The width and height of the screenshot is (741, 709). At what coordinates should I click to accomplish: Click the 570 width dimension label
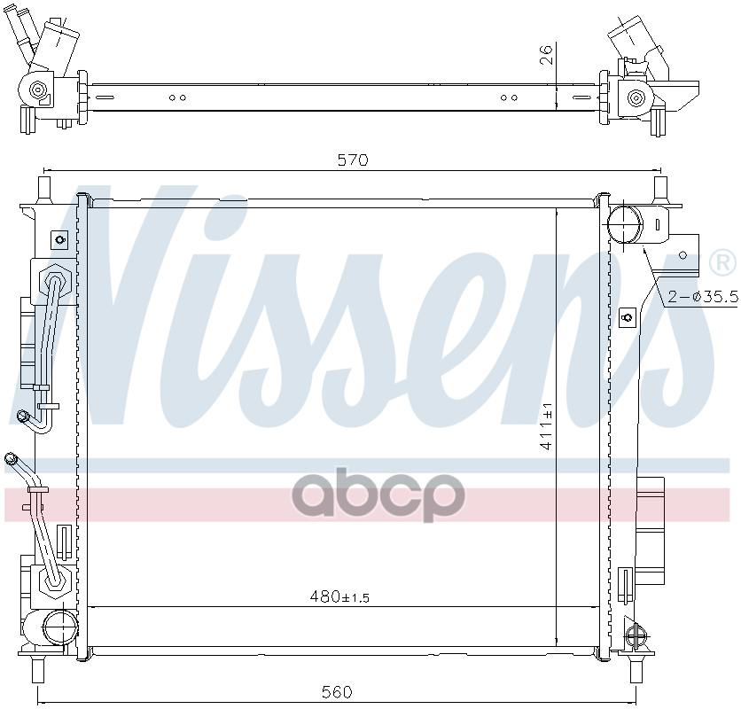(353, 160)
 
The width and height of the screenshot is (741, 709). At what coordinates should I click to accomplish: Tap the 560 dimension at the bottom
(337, 692)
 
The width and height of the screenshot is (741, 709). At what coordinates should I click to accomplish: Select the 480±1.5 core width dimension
(339, 597)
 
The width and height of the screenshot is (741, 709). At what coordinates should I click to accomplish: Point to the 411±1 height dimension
(546, 426)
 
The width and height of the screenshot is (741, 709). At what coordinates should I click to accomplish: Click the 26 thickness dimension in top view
(545, 54)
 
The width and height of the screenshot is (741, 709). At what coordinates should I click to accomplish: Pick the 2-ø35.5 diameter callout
(703, 296)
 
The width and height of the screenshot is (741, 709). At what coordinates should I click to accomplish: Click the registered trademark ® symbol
(722, 262)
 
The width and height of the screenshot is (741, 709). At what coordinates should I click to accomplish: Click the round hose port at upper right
(625, 224)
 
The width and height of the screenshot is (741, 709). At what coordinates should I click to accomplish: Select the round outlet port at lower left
(60, 627)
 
